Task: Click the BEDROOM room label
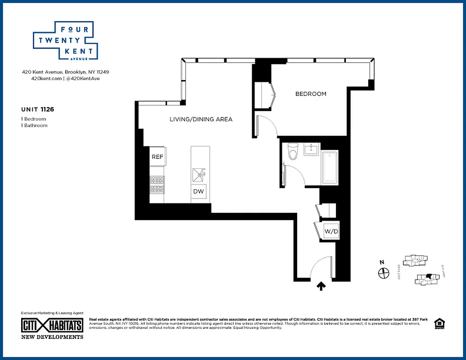tap(311, 94)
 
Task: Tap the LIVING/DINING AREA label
tap(201, 119)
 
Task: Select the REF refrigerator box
tap(157, 157)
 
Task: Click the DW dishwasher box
tap(199, 191)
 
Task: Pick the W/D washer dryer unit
tap(331, 232)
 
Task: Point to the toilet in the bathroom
tap(293, 151)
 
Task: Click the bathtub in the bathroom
tap(330, 167)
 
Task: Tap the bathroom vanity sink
tap(312, 149)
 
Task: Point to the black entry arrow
tap(321, 286)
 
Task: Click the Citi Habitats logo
tap(52, 325)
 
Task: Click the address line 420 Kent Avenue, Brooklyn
tap(66, 72)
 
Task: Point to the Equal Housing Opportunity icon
tap(438, 324)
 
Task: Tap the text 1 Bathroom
tap(34, 126)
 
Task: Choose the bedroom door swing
tap(267, 126)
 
